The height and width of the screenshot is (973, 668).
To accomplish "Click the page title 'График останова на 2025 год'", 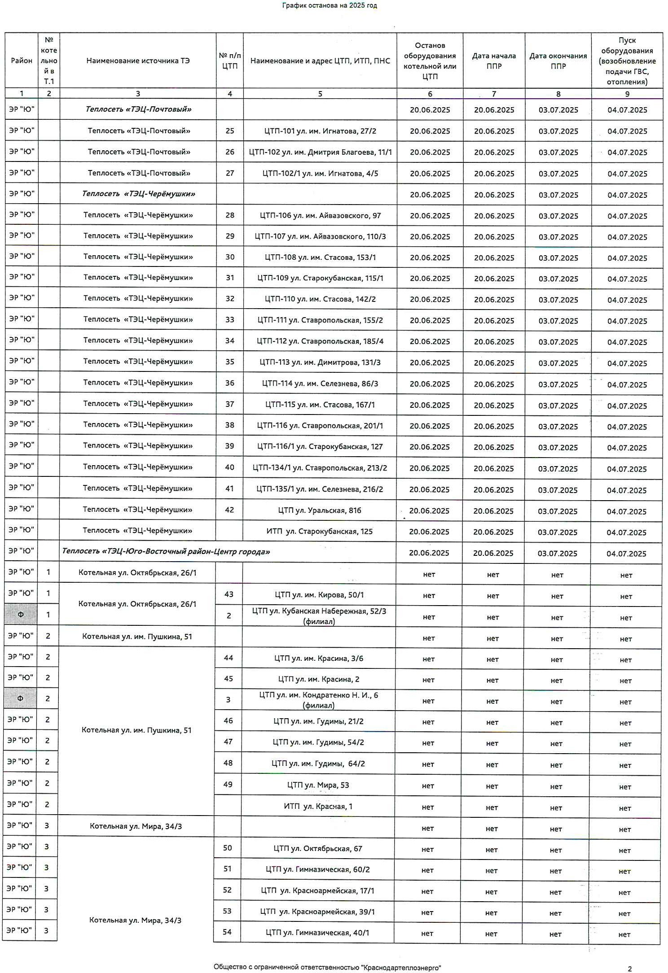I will coord(330,6).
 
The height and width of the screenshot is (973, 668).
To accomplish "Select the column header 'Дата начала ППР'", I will coord(494,61).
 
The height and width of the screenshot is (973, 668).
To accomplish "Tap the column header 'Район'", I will coord(22,61).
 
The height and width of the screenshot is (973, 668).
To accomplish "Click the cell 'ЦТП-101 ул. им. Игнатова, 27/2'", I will coord(320,131).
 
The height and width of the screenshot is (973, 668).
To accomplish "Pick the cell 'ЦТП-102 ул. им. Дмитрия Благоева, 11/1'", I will coord(320,152).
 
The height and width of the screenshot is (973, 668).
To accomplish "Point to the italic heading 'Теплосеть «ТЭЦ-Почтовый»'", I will coord(138,109).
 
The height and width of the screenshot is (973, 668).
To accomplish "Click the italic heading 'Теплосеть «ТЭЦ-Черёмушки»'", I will coord(138,194).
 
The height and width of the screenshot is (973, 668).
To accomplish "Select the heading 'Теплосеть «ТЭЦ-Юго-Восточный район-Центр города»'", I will coord(166,552).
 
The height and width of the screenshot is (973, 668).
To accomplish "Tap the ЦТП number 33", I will coord(230,320).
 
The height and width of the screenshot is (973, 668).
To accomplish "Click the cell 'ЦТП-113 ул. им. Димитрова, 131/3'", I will coord(320,362).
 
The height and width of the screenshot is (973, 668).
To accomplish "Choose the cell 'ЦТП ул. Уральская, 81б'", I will coord(320,510).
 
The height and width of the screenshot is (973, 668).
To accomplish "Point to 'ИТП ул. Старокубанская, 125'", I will coord(320,532).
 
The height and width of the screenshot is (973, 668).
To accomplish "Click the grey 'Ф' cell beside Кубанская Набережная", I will coord(21,615).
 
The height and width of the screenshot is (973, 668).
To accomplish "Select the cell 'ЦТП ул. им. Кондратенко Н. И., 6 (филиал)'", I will coord(319,700).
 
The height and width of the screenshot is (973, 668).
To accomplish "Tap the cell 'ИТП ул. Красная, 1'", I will coord(318,807).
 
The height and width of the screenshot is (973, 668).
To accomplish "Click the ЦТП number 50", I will coord(228,848).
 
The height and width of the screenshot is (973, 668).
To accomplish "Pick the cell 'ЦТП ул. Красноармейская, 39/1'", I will coord(318,912).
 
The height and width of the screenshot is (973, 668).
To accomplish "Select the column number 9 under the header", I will coord(627,94).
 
